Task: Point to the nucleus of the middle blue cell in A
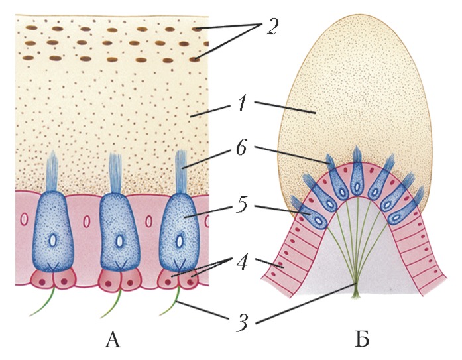click(x=119, y=241)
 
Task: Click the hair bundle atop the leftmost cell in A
click(x=54, y=172)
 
